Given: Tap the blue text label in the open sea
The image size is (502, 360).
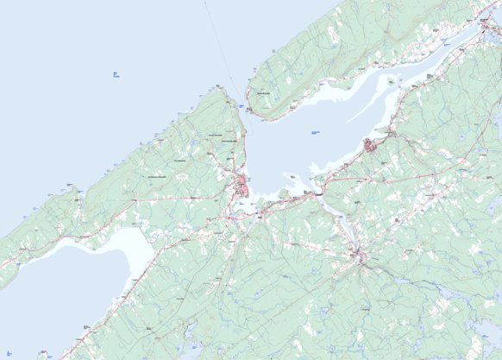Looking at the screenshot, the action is coord(116,75).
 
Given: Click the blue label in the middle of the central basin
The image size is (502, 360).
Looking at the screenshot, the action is coord(314,132).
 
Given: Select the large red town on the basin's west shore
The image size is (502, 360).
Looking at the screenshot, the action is coord(245,185).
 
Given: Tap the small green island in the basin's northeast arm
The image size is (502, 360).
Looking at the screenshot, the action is coord(392,82).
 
